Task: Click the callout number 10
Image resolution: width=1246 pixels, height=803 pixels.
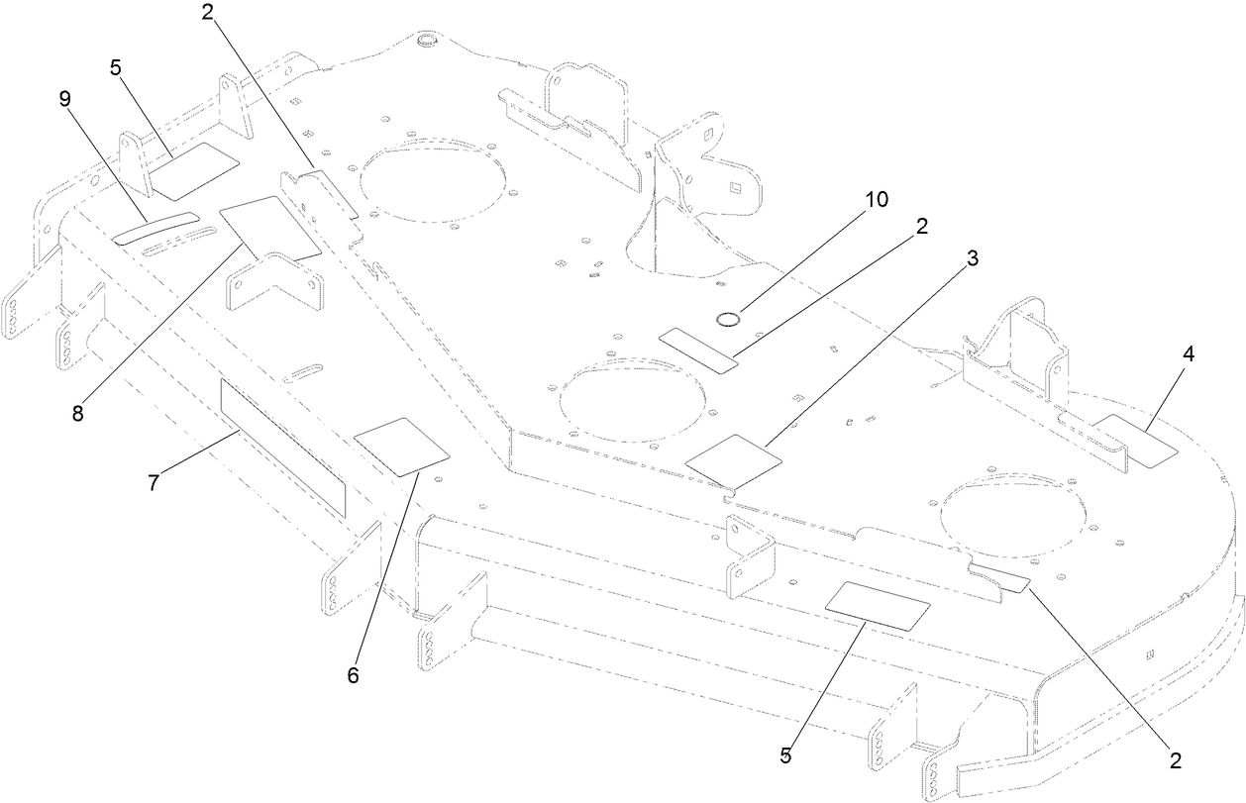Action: [x=877, y=199]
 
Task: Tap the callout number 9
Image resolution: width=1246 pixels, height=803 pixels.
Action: [x=65, y=100]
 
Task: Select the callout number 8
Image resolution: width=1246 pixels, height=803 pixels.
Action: [x=77, y=413]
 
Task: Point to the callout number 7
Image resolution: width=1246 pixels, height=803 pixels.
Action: [x=154, y=482]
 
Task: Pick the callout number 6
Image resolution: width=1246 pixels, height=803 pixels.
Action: [x=353, y=675]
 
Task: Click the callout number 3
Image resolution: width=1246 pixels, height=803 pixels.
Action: [x=973, y=258]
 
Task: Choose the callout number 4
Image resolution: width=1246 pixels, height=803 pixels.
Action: [x=1189, y=354]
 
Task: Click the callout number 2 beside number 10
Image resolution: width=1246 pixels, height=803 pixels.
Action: [x=922, y=226]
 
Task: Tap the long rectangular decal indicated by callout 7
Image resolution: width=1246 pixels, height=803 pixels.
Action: [x=283, y=449]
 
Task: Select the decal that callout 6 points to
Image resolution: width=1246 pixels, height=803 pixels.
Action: [x=401, y=447]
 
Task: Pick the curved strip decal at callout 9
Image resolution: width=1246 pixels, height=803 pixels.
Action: [x=156, y=228]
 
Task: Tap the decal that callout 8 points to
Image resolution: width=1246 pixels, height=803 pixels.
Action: [x=271, y=229]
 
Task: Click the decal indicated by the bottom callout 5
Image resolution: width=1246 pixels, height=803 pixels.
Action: [x=878, y=606]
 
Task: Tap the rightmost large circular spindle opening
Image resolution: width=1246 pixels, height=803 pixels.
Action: [x=1012, y=515]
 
